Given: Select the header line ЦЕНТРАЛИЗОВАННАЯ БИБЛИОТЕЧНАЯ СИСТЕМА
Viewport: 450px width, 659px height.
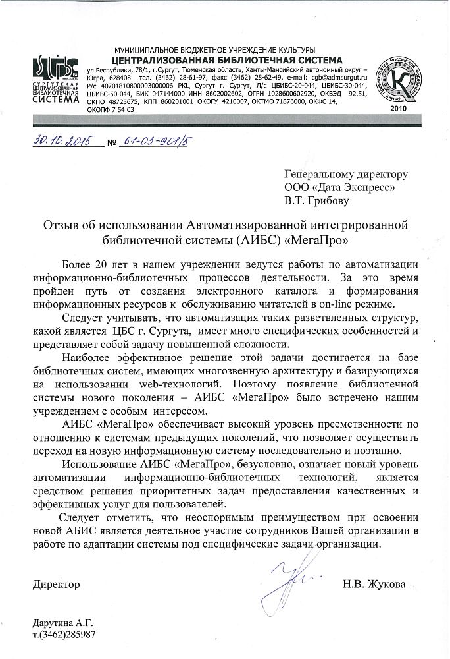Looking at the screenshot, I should click(x=221, y=59).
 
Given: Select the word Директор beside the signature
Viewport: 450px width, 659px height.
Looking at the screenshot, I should click(x=57, y=584).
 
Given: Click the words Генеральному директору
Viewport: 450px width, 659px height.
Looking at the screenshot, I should click(x=346, y=175).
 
